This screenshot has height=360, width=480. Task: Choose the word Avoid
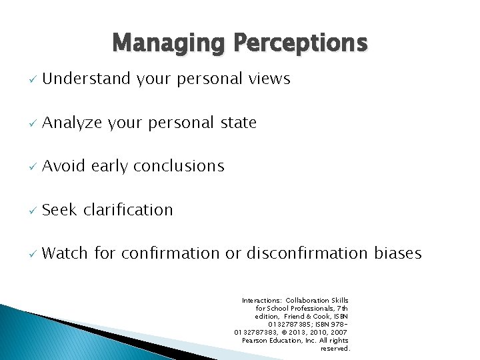[x=64, y=166]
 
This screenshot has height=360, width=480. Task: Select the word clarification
[x=128, y=209]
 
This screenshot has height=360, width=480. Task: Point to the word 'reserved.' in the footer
[x=335, y=349]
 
